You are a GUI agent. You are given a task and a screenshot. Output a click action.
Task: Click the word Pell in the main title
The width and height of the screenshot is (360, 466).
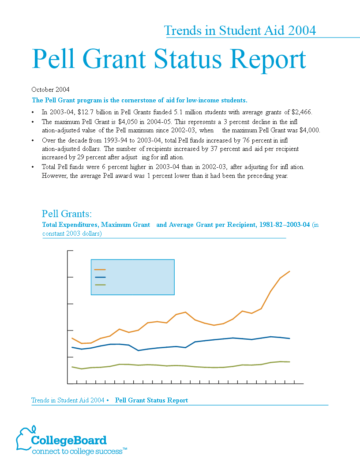click(x=53, y=59)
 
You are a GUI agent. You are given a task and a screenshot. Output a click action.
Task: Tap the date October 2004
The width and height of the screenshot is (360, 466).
click(x=50, y=90)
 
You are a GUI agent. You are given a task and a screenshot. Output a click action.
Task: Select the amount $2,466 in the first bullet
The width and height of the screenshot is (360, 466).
click(x=302, y=113)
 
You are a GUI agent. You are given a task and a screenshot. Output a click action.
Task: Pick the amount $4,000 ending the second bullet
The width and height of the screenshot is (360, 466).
click(x=310, y=130)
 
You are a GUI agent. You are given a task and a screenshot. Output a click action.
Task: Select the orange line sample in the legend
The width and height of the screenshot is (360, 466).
click(x=100, y=270)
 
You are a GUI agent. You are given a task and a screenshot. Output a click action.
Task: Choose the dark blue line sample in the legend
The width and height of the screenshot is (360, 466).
click(x=100, y=277)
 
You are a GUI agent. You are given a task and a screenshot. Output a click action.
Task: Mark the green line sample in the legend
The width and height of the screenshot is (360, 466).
click(x=100, y=285)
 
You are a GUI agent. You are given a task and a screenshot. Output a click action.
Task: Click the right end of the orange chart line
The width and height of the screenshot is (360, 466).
click(x=289, y=271)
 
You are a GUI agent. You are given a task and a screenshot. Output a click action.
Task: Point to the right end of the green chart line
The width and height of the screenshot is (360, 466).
click(x=289, y=362)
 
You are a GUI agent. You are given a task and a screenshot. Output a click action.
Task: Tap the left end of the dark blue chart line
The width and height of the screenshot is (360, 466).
click(x=72, y=347)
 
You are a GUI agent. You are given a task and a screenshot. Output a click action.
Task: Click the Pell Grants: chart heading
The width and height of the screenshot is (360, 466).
click(x=67, y=214)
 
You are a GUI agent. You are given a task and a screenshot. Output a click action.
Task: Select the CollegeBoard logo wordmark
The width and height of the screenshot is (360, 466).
click(x=69, y=440)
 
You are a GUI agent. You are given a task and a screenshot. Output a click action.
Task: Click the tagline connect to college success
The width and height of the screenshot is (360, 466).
click(x=77, y=451)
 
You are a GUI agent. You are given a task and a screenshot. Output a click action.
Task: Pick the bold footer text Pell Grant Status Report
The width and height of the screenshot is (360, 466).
click(x=151, y=400)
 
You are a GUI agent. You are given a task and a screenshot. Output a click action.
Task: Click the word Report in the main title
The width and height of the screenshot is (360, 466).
click(x=268, y=60)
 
